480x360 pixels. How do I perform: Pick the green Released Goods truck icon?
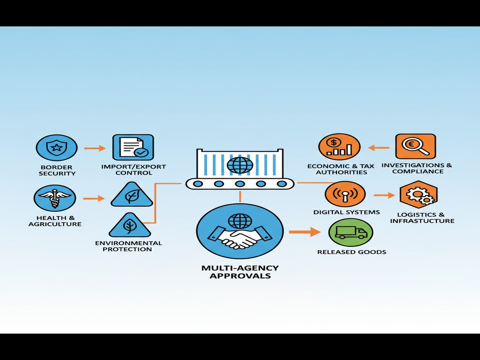click(350, 232)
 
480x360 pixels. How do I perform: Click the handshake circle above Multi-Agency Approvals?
click(240, 231)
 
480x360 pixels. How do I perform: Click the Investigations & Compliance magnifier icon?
click(416, 146)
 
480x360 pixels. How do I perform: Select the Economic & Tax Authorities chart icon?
click(339, 147)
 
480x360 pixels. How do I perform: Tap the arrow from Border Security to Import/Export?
click(95, 148)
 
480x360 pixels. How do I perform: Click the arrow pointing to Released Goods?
click(305, 232)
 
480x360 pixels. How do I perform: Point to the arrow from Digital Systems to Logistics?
click(384, 195)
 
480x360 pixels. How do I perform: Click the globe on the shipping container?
click(240, 164)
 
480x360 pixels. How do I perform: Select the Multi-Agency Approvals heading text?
click(240, 272)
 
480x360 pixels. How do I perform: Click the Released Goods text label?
click(352, 252)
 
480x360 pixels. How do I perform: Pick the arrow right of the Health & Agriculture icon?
click(94, 198)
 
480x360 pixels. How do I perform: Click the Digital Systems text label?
click(346, 212)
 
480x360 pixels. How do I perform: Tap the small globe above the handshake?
click(240, 220)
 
